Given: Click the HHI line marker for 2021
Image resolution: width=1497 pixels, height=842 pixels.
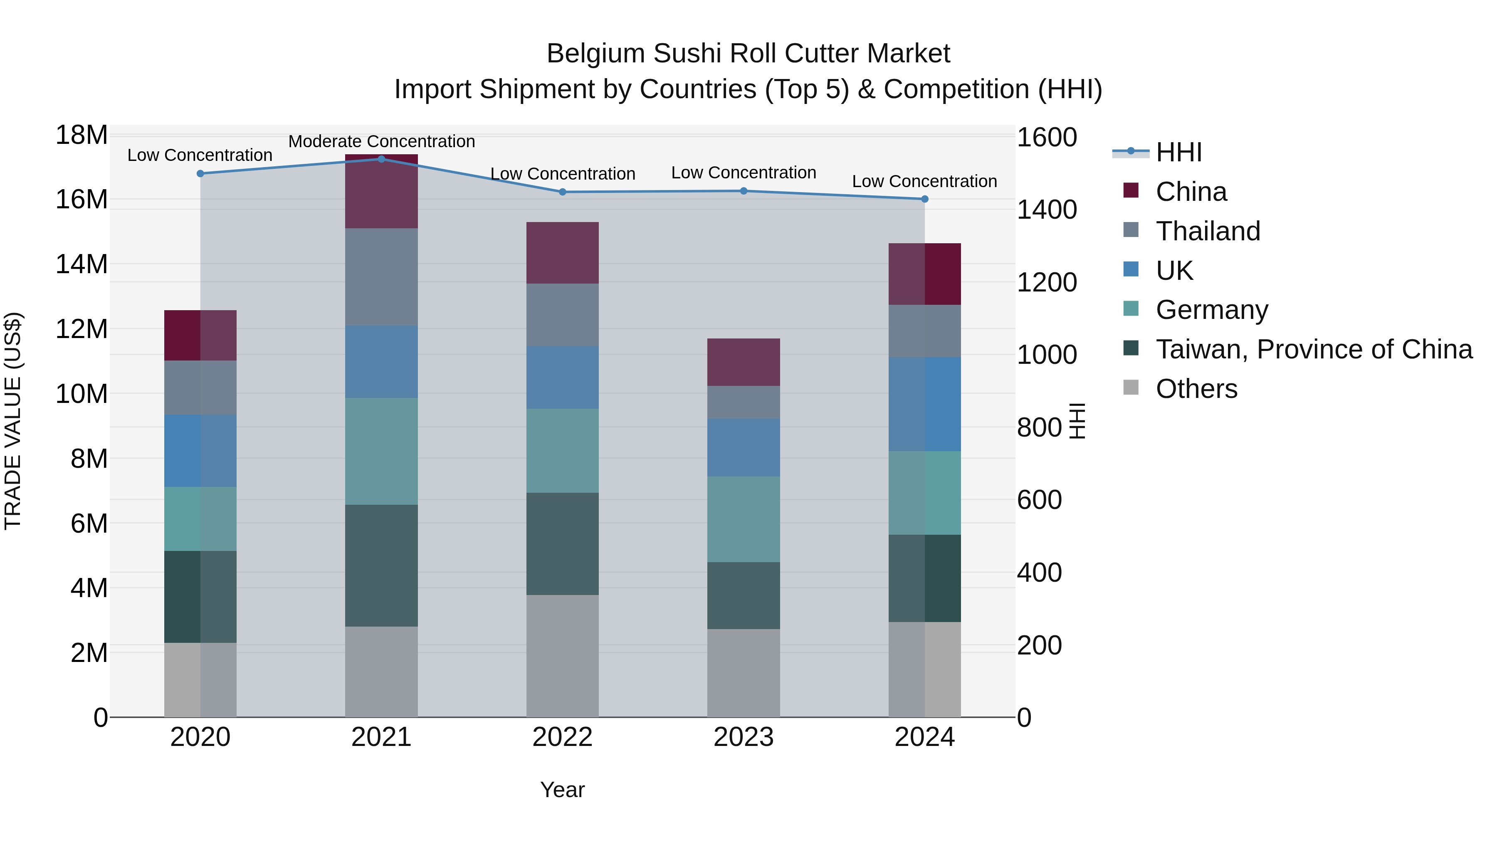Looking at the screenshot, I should [x=381, y=159].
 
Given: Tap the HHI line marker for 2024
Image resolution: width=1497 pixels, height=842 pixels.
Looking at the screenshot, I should [x=924, y=199].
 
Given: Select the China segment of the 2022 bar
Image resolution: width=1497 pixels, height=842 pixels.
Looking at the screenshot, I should [x=562, y=253].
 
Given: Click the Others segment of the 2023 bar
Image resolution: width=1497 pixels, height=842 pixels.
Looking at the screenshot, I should [x=743, y=673].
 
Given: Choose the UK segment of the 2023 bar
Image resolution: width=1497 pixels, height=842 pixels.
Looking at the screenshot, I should [x=743, y=447].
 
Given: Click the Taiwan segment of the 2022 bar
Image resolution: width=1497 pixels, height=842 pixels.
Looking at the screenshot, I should [x=562, y=543].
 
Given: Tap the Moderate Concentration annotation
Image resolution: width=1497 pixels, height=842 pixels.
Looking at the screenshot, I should [x=381, y=141].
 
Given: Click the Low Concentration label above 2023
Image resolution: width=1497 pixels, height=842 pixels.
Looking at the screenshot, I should [x=743, y=173].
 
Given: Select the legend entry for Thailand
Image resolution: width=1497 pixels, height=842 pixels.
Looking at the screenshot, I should [x=1208, y=231].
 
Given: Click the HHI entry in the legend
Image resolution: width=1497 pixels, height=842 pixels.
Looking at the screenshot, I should [x=1178, y=152].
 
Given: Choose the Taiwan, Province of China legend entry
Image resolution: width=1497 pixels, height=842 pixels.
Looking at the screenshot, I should [x=1313, y=349].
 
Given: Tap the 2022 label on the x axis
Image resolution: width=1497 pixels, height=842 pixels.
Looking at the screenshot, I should [x=562, y=737].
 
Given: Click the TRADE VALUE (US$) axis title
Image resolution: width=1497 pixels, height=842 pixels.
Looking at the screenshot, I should [x=13, y=421].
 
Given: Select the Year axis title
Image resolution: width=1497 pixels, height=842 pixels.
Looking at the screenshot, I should [x=562, y=790].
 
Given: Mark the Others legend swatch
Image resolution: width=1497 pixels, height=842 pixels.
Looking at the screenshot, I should [x=1131, y=388].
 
